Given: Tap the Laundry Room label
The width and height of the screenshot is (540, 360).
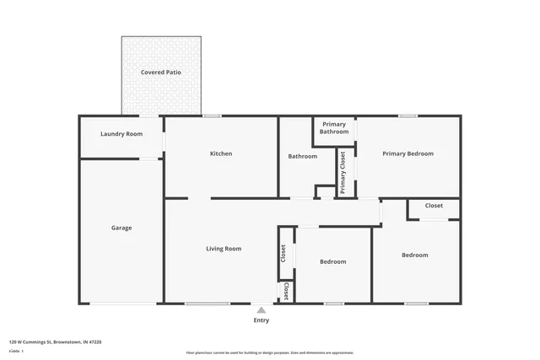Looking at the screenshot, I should (121, 134).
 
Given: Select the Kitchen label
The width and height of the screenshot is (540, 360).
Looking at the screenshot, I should (221, 153).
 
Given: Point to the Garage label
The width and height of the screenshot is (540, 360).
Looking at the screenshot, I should (121, 228).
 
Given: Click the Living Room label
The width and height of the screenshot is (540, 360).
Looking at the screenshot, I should (224, 249).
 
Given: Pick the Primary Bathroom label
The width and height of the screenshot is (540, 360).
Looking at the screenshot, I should (334, 128).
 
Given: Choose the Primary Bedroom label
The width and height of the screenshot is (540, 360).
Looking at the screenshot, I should (408, 153).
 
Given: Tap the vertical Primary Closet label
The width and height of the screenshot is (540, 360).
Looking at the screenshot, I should (343, 173).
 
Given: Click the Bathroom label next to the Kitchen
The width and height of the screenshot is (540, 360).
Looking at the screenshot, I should (302, 156).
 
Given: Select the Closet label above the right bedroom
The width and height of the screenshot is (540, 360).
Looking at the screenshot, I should (434, 206).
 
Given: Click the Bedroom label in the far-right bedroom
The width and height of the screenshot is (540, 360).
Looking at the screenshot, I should (414, 255).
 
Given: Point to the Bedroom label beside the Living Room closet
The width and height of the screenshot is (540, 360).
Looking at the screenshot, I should (332, 261).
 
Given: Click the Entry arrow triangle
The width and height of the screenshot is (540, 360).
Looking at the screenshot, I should (262, 310).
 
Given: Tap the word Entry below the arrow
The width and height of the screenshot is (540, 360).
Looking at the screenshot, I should (262, 320).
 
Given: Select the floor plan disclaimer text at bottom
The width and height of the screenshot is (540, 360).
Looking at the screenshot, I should (270, 352).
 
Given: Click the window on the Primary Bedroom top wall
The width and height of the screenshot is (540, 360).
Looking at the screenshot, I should (408, 116).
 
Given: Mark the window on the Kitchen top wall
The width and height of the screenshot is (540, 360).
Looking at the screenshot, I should (213, 116).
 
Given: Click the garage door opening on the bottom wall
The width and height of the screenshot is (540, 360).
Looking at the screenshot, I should (123, 304).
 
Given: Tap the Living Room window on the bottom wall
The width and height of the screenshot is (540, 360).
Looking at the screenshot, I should (208, 304).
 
